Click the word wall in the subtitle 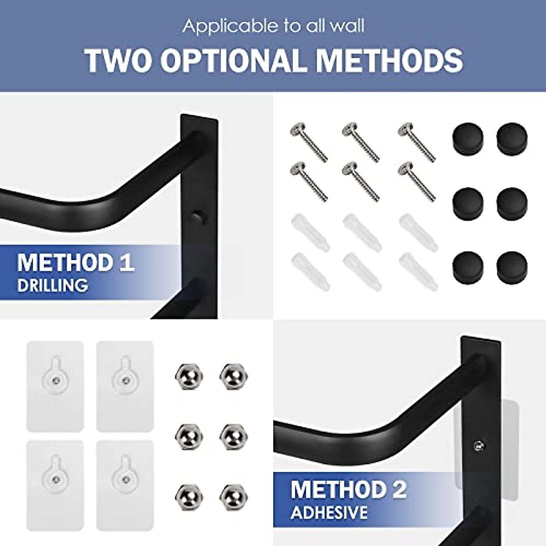348,26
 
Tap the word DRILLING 52,286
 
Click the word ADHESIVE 329,513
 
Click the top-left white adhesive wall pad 55,386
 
